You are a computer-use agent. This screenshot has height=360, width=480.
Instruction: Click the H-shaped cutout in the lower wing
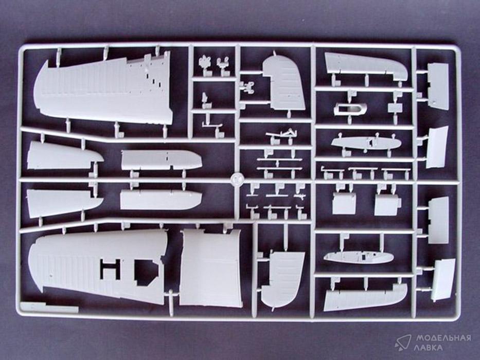click(110, 268)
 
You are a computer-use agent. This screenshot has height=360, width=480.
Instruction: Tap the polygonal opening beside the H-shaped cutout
click(146, 272)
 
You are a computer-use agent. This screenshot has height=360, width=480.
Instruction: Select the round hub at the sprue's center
click(237, 179)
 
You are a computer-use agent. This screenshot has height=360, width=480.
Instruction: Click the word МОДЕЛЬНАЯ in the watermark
click(443, 338)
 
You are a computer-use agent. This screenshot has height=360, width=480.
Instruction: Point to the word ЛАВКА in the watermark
click(429, 348)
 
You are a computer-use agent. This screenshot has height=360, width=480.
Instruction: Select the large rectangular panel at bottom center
click(210, 268)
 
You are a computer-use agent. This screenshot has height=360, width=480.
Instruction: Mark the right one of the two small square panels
click(387, 205)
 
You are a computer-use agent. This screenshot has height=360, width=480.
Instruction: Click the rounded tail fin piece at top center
click(283, 83)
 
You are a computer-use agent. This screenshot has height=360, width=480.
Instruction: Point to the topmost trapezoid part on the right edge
click(438, 85)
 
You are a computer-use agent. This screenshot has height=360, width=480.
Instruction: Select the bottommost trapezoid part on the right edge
click(442, 280)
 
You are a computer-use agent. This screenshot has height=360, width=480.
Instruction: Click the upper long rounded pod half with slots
click(162, 160)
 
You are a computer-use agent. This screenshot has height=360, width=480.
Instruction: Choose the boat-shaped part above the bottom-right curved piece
click(359, 257)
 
